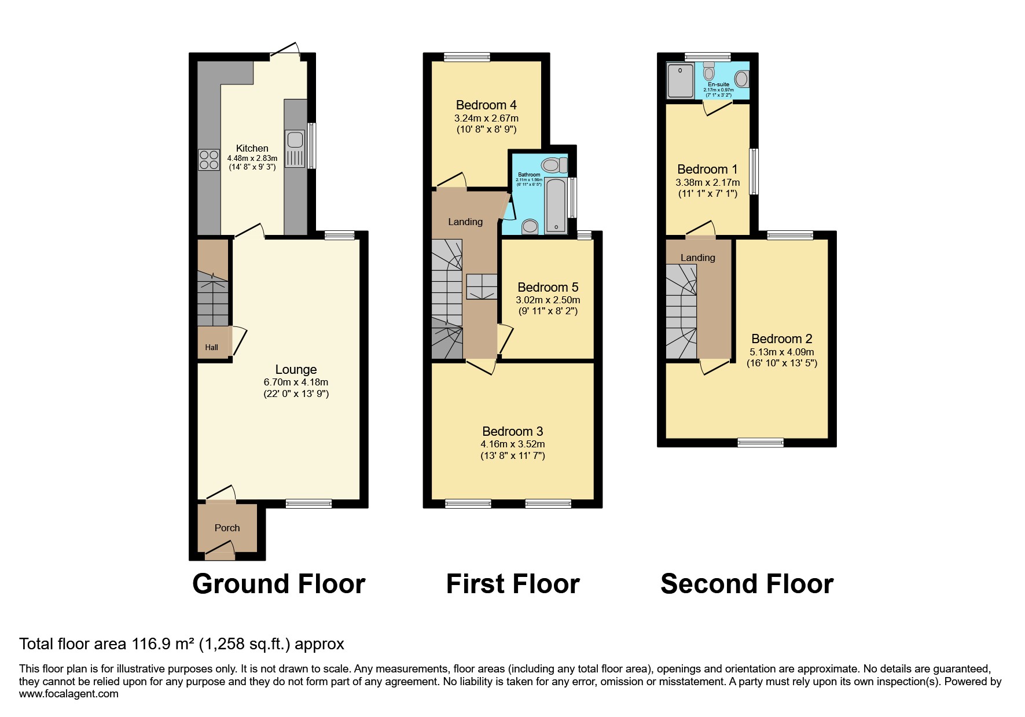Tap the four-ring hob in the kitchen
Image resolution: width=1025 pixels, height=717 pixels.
(209, 160)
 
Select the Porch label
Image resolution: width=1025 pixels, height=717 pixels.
(227, 528)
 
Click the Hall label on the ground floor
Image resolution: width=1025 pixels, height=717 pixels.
(211, 347)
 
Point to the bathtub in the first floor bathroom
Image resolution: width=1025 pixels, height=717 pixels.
(556, 205)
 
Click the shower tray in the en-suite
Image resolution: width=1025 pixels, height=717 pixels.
(680, 81)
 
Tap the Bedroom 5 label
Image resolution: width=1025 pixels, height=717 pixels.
(548, 287)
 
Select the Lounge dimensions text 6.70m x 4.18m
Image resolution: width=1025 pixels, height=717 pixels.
(296, 382)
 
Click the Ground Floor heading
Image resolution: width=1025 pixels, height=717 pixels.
(278, 583)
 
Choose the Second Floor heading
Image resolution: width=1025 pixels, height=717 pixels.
(747, 583)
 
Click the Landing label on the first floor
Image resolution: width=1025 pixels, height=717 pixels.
(465, 222)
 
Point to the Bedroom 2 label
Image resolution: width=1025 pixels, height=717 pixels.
(781, 339)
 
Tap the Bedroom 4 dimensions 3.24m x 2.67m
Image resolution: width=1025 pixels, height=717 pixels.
(486, 118)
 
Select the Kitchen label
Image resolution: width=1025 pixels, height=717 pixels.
(252, 148)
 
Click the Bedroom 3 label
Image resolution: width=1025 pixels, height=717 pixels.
(512, 431)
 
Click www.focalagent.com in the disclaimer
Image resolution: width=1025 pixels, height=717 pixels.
(68, 694)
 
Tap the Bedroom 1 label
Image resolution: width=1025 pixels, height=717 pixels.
(707, 169)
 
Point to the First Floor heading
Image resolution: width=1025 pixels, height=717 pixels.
(512, 583)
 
